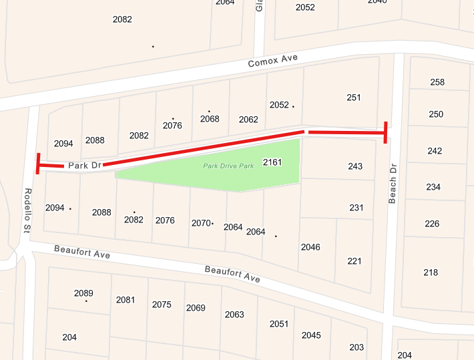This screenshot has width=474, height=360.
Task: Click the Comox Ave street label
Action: point(272,61)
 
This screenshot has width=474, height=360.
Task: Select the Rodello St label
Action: point(28,210)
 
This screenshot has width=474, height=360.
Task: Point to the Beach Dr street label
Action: point(393,183)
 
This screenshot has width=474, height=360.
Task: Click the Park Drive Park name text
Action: point(228,166)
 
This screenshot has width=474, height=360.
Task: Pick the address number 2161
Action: point(273,162)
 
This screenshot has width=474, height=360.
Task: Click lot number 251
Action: point(354,98)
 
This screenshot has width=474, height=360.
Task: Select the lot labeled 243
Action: point(355,166)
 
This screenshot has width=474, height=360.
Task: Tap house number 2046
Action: point(310,247)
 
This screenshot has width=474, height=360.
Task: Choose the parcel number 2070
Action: point(201,223)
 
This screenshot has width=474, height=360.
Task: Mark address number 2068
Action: point(210,119)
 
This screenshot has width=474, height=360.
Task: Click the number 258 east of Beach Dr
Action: point(437,82)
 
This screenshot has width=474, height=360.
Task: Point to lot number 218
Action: point(431,272)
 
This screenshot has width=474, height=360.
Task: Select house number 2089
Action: point(83,293)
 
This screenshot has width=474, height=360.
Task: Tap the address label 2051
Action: point(279,324)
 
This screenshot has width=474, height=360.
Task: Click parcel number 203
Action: point(357,347)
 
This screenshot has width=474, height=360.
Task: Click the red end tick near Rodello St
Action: point(39,164)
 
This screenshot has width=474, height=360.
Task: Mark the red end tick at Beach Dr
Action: point(385,132)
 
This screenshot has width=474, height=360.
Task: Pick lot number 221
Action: point(354,260)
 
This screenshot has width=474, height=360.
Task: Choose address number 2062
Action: point(248,120)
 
